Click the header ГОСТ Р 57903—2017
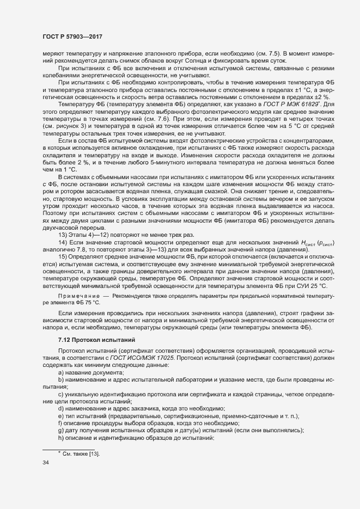tap(73, 36)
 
